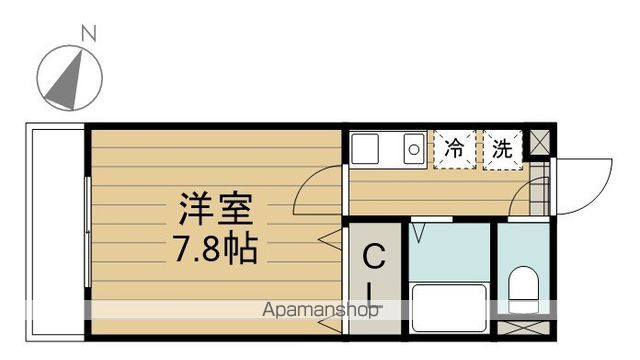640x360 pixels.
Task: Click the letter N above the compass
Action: [87, 34]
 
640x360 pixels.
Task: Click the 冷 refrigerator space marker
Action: [454, 150]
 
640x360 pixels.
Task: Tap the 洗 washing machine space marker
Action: [503, 150]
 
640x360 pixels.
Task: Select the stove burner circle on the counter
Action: [412, 152]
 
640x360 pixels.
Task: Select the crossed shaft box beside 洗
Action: [539, 142]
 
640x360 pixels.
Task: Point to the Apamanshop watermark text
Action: [320, 311]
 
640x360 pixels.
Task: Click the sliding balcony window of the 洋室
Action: [88, 230]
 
